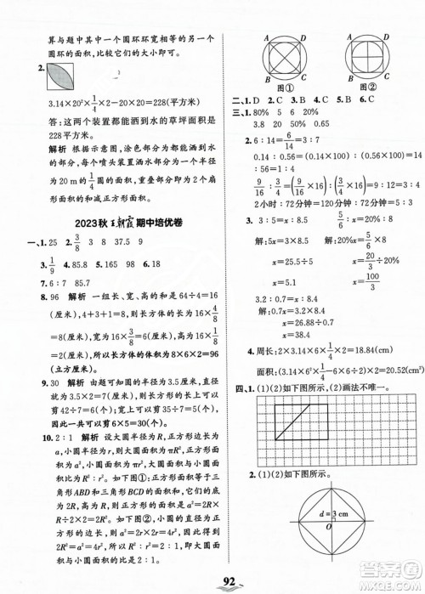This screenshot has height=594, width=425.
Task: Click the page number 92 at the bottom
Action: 209,581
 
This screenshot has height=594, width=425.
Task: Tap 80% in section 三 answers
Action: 261,113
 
